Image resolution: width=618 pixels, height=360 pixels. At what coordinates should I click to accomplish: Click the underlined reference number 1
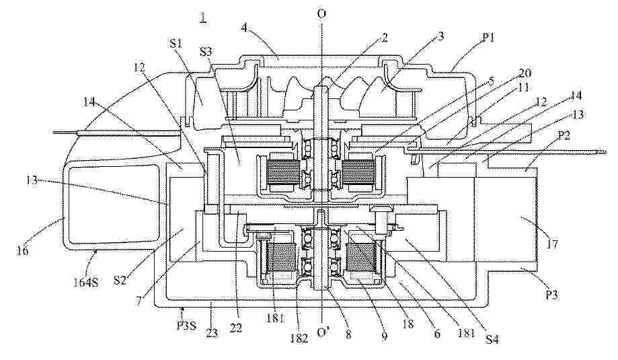pos(203,17)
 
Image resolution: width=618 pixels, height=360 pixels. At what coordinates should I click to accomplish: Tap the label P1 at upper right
pos(486,38)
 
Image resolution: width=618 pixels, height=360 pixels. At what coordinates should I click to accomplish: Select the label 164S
pos(86,272)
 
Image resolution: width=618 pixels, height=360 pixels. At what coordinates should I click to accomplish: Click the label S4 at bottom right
pos(492,338)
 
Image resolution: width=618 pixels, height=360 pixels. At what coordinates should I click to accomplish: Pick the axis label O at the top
pos(322,14)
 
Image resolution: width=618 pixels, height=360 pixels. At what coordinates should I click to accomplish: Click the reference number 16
pos(23,250)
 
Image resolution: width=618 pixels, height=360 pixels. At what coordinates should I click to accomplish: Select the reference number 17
pos(552,244)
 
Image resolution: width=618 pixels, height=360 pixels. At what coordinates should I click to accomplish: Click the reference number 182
pos(299,338)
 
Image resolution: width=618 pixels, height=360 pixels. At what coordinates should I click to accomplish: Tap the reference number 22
pos(237,327)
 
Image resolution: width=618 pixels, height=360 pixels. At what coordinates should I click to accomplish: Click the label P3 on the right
pos(552,295)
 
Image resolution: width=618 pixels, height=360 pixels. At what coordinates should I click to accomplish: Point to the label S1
pos(176,44)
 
